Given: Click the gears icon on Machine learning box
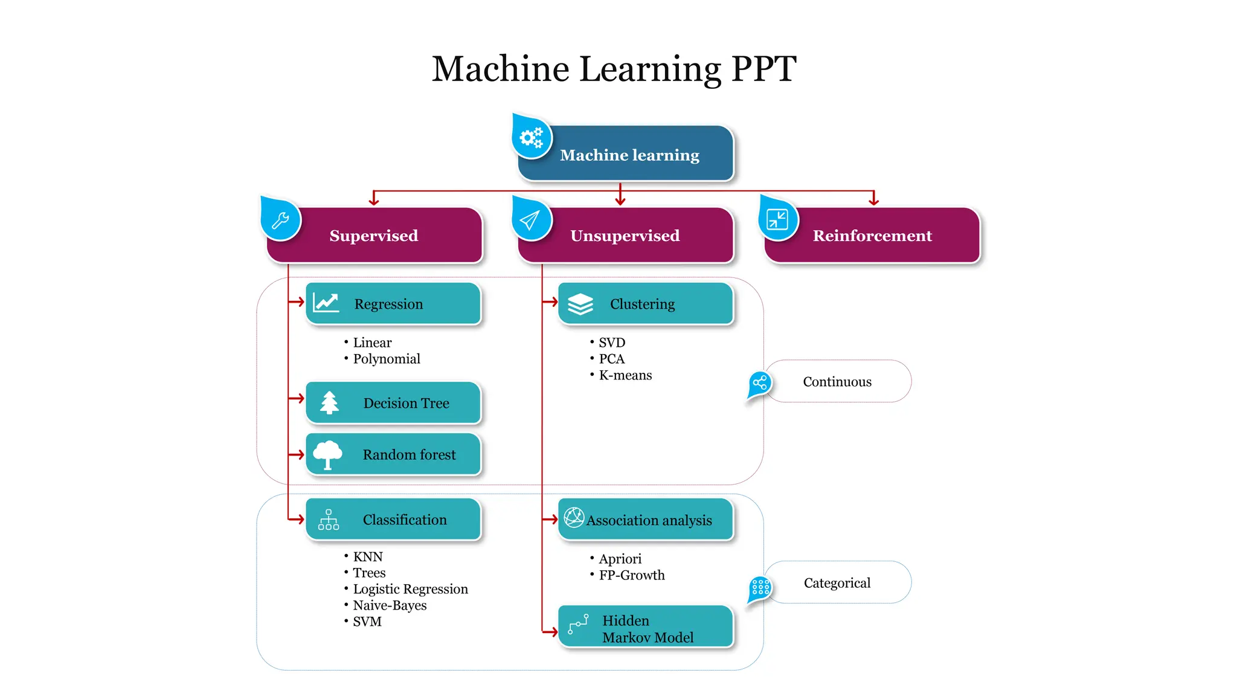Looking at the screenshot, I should tap(531, 138).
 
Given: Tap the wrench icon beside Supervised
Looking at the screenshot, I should tap(280, 221).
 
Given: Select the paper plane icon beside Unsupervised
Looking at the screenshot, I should tap(530, 221).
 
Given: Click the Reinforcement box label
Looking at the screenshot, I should tap(872, 236).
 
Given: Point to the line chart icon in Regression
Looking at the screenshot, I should tap(326, 303).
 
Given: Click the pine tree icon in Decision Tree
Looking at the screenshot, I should tap(329, 402).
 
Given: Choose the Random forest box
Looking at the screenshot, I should tap(394, 454).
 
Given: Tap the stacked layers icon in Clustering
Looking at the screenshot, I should tap(580, 304).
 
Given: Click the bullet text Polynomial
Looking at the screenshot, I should tap(386, 359).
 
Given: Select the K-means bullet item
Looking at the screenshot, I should tap(625, 375).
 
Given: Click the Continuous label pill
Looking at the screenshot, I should tap(837, 382).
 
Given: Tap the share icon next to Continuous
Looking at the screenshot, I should tap(760, 382).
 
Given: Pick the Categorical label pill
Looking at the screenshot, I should tap(837, 583).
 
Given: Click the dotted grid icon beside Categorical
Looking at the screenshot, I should tap(760, 587).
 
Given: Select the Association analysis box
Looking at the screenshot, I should tap(645, 520).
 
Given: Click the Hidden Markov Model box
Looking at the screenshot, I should tap(645, 628).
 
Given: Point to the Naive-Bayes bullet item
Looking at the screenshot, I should tap(389, 605).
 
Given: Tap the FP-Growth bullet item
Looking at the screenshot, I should tap(631, 575).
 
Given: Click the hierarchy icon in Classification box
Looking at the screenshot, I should tap(329, 520).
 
